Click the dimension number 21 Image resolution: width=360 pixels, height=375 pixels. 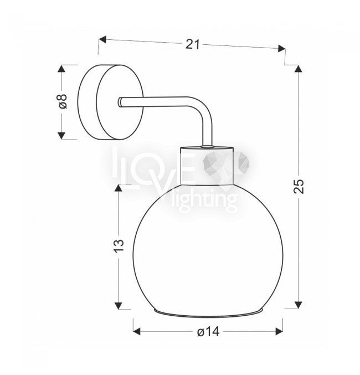tap(192, 44)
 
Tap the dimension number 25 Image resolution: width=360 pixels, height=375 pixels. tap(299, 186)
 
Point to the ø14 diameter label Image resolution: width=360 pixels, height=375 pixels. tap(208, 332)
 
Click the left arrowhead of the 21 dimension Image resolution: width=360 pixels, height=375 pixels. tap(102, 39)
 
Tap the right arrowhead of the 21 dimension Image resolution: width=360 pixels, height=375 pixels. tap(282, 48)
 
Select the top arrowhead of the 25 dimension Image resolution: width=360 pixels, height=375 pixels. tap(298, 68)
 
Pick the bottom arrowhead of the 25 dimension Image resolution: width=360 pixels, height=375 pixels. tap(298, 305)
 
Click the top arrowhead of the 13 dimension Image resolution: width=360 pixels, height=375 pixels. tap(119, 188)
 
